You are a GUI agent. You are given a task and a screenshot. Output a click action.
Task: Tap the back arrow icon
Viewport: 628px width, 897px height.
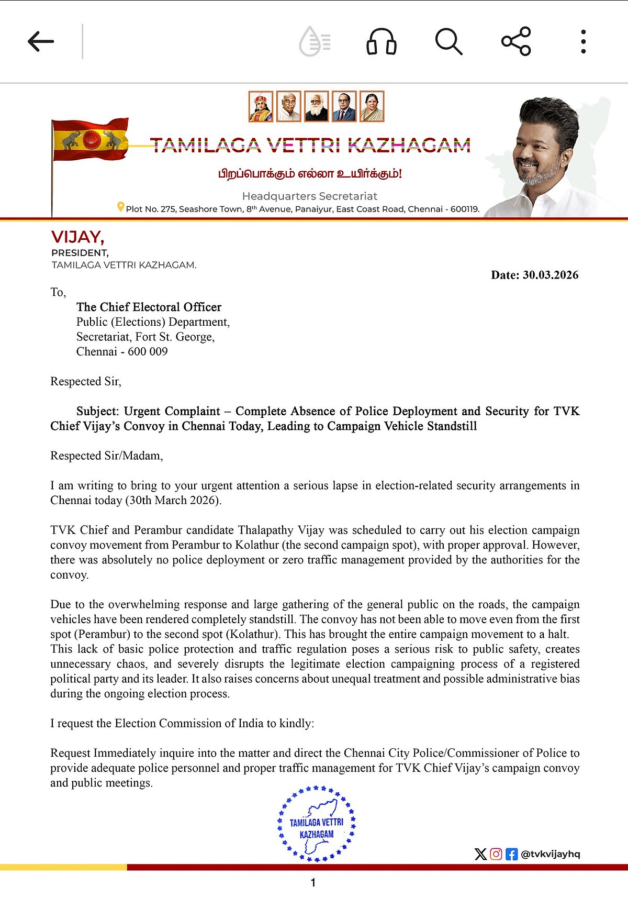[41, 41]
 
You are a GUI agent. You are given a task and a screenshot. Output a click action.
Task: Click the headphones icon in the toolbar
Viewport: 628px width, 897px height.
[381, 41]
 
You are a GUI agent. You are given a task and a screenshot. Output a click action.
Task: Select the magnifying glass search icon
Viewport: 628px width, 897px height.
[448, 41]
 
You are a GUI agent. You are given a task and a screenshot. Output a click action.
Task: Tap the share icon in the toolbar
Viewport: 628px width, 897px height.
[516, 41]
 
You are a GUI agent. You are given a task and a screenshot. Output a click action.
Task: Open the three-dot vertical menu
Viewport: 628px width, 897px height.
[583, 41]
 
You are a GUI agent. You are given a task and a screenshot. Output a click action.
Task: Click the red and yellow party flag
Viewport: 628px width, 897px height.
[90, 139]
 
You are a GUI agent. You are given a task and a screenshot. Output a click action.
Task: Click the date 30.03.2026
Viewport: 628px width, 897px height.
[550, 275]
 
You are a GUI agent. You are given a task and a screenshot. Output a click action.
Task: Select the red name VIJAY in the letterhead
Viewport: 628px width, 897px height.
[77, 237]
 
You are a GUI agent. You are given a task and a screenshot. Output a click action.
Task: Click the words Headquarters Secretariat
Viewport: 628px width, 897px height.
[309, 196]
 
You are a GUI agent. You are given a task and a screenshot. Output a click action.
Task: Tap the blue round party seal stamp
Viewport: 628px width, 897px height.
[316, 824]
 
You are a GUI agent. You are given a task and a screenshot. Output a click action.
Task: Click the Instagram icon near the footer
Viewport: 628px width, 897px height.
[496, 854]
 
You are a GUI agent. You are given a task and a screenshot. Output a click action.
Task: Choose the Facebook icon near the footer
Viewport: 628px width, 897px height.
[511, 854]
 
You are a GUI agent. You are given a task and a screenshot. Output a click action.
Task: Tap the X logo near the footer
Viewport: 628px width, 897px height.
[480, 854]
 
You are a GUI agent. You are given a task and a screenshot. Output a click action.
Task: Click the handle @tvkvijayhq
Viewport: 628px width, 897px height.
[551, 854]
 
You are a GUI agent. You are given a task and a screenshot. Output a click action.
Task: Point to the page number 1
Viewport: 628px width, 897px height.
[313, 883]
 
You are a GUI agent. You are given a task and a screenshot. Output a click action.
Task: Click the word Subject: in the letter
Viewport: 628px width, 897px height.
[98, 411]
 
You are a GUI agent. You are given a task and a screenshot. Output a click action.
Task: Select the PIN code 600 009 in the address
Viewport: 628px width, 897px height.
[148, 351]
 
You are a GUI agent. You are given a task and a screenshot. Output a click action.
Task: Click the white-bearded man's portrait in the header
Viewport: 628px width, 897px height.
[316, 106]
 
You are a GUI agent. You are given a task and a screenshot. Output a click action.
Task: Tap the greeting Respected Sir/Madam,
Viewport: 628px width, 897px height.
[107, 456]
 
